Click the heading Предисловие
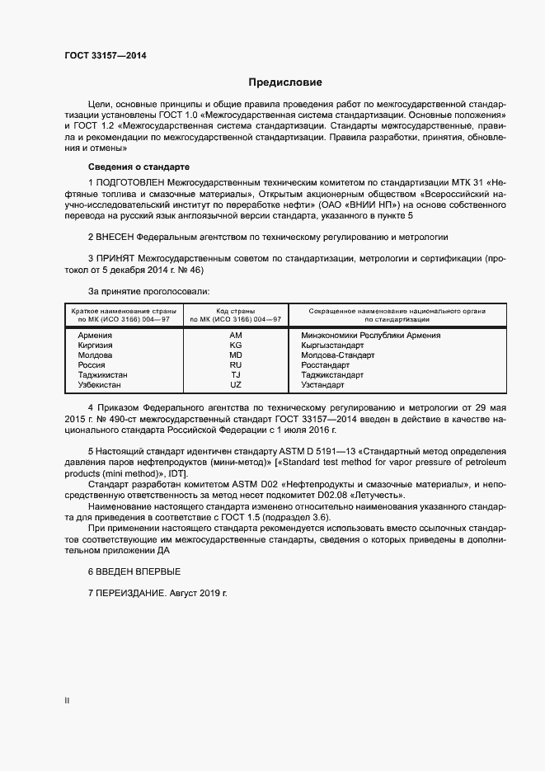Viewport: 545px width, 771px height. point(285,82)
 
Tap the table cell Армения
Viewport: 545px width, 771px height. point(95,336)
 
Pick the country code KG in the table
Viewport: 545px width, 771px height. point(236,346)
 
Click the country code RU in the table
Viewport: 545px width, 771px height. point(236,365)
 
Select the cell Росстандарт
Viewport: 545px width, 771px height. point(327,365)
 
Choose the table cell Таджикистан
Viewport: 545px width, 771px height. point(102,375)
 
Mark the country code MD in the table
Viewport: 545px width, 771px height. point(236,355)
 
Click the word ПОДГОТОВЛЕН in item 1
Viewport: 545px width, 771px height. point(130,181)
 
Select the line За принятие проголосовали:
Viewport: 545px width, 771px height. point(148,291)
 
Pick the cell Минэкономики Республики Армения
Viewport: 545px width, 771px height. point(371,336)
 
